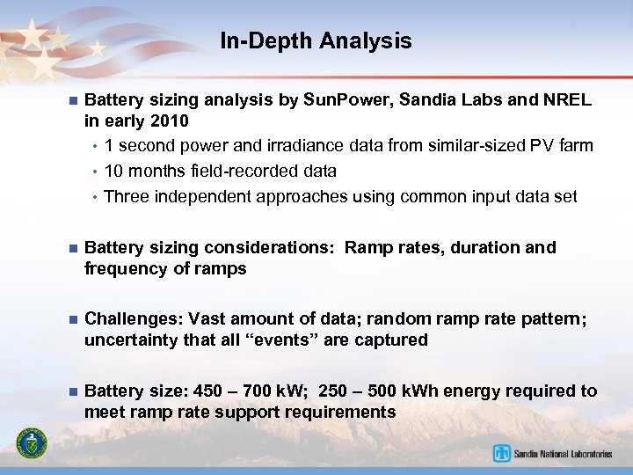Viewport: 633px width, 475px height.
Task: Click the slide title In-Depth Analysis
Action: (x=316, y=40)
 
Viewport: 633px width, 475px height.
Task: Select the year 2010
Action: (x=170, y=121)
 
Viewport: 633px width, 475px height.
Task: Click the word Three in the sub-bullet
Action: (x=126, y=196)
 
